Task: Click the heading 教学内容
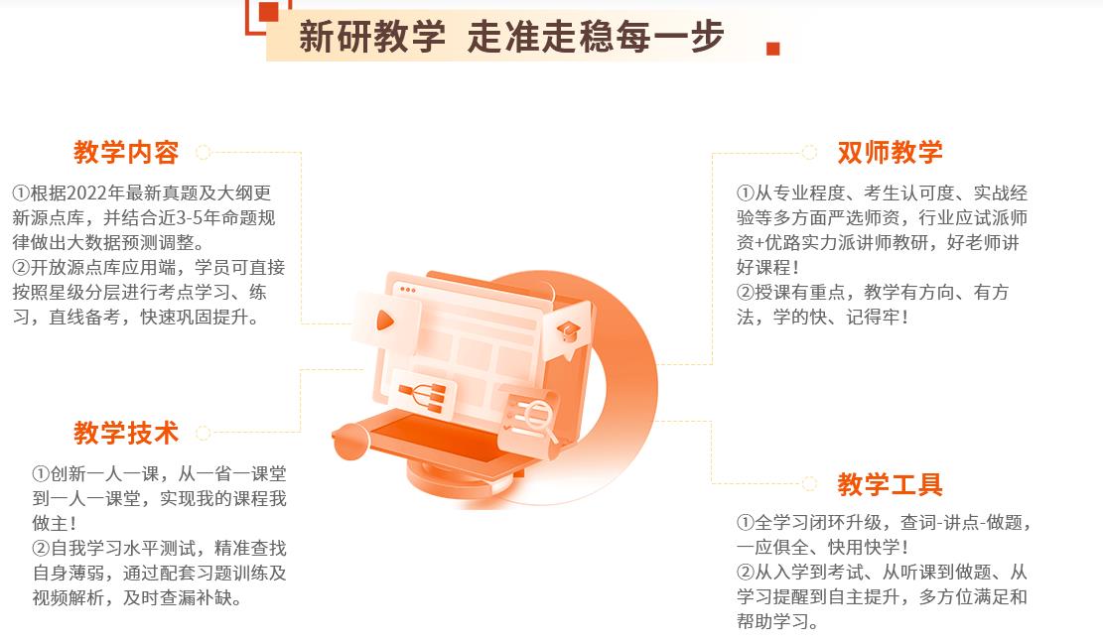126,152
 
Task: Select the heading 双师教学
890,152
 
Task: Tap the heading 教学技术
126,433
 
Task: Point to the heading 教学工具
890,484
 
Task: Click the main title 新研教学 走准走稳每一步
511,36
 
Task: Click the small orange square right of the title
773,49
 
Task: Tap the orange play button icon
385,321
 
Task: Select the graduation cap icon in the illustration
568,330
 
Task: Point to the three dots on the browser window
407,290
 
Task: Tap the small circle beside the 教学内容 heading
204,152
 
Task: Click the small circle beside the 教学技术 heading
204,433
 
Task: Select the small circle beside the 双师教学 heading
809,152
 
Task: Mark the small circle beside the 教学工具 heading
809,483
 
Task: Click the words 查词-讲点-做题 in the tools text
961,522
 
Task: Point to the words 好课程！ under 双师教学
767,267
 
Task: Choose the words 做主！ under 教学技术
55,523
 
